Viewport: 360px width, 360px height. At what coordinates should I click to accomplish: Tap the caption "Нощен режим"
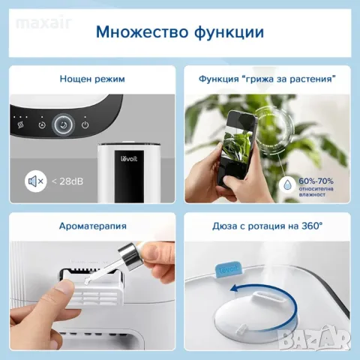click(93, 79)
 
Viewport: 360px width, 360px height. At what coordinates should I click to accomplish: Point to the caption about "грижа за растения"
click(268, 79)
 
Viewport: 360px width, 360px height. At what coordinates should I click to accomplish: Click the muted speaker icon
click(34, 181)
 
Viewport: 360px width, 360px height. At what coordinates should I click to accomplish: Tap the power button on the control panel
click(85, 125)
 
